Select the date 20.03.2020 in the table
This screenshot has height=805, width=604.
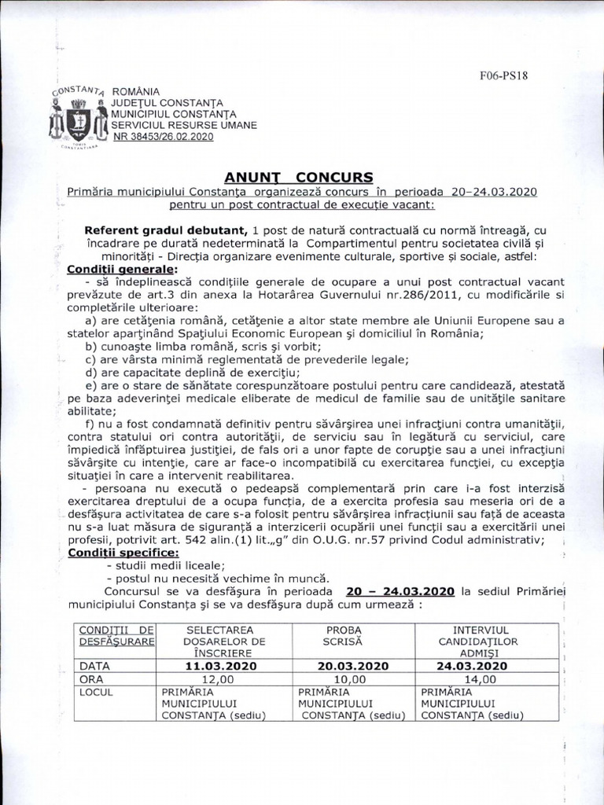353,665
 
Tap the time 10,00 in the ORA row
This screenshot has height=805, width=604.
351,678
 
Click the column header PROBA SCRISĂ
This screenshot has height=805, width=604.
353,636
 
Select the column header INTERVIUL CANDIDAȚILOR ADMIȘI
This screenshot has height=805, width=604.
481,641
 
